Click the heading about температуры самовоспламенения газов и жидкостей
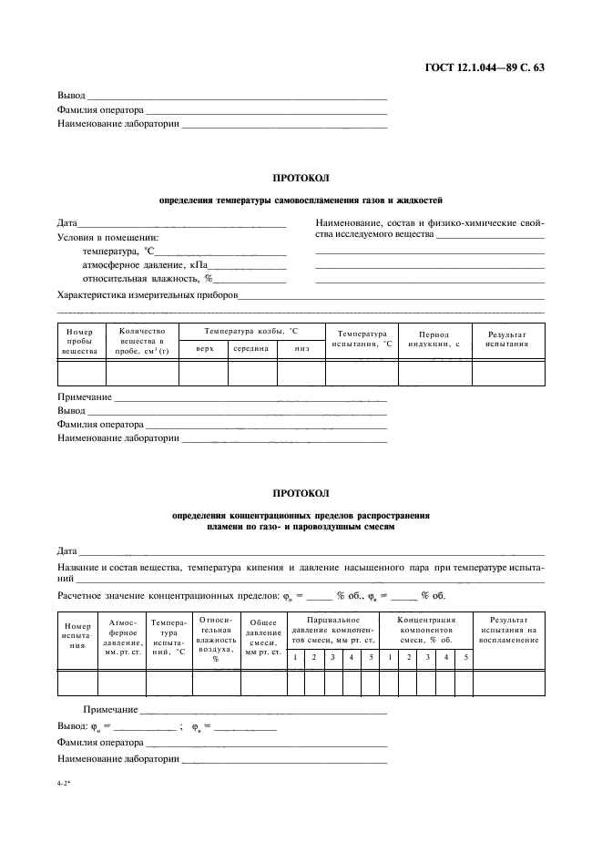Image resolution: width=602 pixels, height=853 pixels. pyautogui.click(x=301, y=199)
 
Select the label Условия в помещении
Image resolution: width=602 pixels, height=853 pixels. pyautogui.click(x=107, y=237)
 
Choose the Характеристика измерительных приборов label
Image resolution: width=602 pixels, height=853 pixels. pyautogui.click(x=148, y=295)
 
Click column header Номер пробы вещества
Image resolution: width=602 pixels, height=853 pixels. pyautogui.click(x=80, y=341)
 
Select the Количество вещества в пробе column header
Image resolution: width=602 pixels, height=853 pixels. pyautogui.click(x=141, y=341)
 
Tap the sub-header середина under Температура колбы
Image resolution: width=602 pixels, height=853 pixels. pyautogui.click(x=250, y=348)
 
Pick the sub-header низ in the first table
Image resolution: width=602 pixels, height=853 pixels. pyautogui.click(x=301, y=348)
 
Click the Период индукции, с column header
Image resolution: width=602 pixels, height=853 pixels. pyautogui.click(x=434, y=340)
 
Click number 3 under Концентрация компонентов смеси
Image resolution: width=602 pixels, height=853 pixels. pyautogui.click(x=427, y=657)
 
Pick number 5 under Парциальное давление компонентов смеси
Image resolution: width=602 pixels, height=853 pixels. pyautogui.click(x=370, y=657)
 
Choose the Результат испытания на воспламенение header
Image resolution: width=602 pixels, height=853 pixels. pyautogui.click(x=507, y=629)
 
